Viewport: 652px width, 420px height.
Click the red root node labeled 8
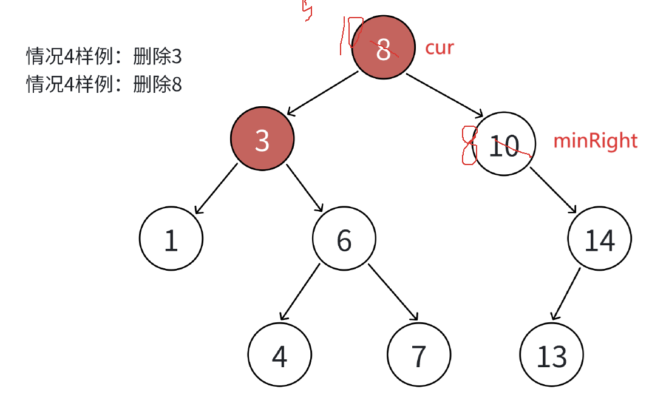pyautogui.click(x=383, y=49)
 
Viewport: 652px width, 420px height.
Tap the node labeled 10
pyautogui.click(x=504, y=144)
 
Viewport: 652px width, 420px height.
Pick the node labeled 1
pyautogui.click(x=171, y=239)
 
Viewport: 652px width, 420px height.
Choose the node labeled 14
pyautogui.click(x=600, y=239)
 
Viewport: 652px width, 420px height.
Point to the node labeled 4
pyautogui.click(x=280, y=355)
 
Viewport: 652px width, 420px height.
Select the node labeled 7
pyautogui.click(x=419, y=355)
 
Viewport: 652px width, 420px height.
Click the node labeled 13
pyautogui.click(x=552, y=355)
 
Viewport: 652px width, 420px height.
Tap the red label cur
pyautogui.click(x=439, y=47)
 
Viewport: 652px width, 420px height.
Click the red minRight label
pyautogui.click(x=596, y=141)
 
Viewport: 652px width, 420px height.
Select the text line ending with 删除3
pyautogui.click(x=104, y=57)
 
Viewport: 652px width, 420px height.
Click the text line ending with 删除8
pyautogui.click(x=104, y=84)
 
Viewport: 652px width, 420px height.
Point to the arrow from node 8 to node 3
pyautogui.click(x=323, y=93)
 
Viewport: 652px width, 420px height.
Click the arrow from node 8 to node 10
pyautogui.click(x=444, y=94)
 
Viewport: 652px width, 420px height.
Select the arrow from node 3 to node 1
pyautogui.click(x=216, y=188)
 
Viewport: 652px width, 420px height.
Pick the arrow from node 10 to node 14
pyautogui.click(x=553, y=190)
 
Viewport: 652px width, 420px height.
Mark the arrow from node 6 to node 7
pyautogui.click(x=393, y=292)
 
